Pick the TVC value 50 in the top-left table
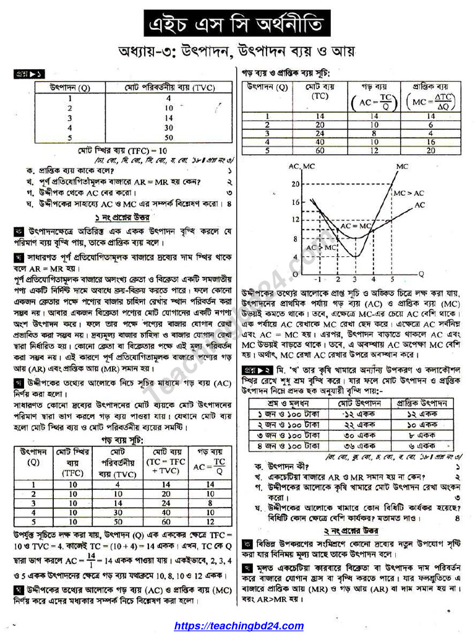tap(168, 137)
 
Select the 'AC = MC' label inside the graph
tap(356, 226)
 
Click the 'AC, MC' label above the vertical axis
tap(301, 167)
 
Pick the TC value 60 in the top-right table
tap(320, 150)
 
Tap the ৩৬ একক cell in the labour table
tap(357, 445)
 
